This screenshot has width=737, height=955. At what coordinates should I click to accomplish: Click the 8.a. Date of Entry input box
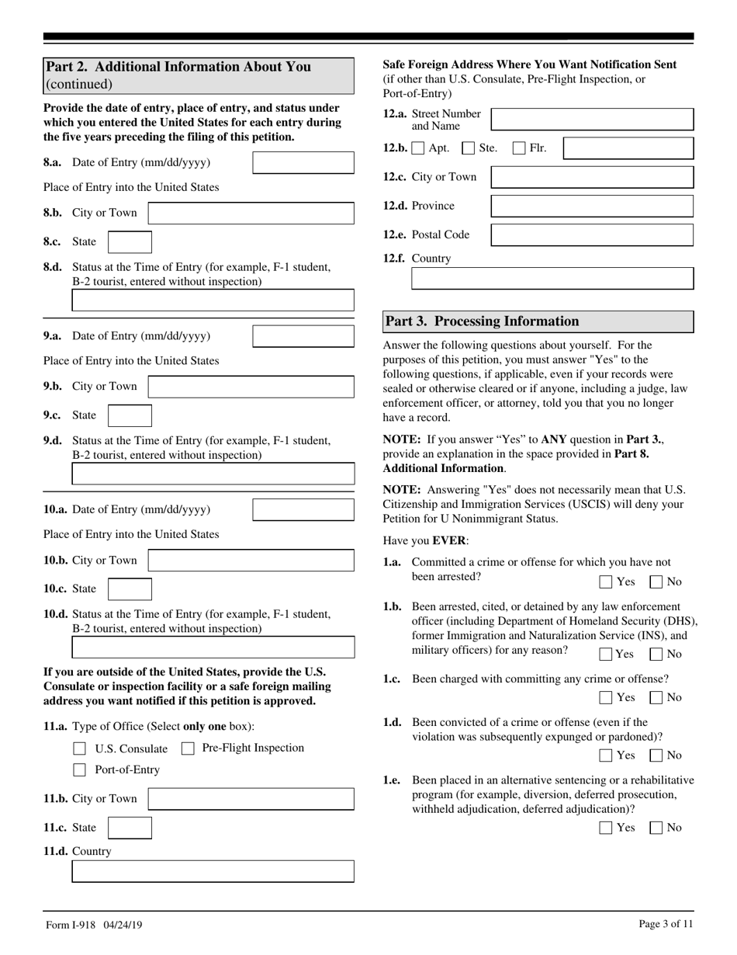(x=303, y=162)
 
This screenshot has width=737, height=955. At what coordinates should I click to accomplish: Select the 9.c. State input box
(x=130, y=415)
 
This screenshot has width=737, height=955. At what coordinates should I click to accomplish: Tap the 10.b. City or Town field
(x=251, y=561)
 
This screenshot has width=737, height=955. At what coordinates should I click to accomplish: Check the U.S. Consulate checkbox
(x=79, y=748)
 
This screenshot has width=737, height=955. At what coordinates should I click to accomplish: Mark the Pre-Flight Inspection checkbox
(x=188, y=748)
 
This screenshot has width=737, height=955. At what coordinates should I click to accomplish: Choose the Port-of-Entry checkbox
(x=79, y=770)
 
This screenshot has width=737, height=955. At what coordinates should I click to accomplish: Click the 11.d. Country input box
(x=213, y=871)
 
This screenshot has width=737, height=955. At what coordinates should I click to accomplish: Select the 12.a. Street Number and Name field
(x=592, y=120)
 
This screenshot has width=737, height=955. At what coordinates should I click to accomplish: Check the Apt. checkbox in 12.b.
(x=419, y=148)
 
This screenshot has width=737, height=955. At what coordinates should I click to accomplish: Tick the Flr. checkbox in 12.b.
(x=520, y=148)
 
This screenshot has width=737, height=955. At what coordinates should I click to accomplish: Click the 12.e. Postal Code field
(x=592, y=234)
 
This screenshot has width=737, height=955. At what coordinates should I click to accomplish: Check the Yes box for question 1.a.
(x=606, y=582)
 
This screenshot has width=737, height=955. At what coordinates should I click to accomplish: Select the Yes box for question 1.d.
(x=606, y=755)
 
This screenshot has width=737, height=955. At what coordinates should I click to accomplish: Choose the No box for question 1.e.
(x=656, y=828)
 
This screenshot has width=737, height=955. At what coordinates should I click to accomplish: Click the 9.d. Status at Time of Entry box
(x=213, y=474)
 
